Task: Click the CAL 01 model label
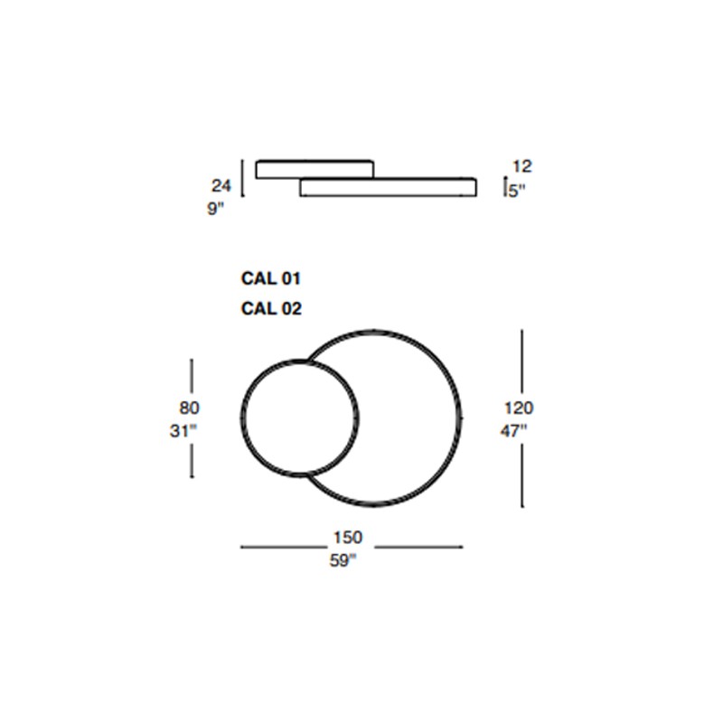(270, 278)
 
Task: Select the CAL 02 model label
(271, 308)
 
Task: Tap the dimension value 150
(348, 538)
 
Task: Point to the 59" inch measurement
(343, 560)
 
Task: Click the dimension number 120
(519, 408)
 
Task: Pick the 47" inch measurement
(513, 431)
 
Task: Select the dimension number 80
(189, 408)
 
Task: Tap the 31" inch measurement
(183, 431)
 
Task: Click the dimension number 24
(221, 186)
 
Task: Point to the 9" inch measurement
(215, 209)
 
